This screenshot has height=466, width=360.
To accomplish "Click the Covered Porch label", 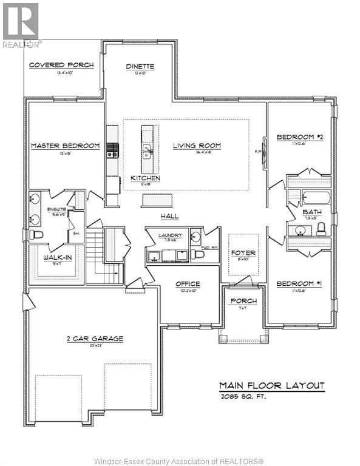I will pyautogui.click(x=62, y=65).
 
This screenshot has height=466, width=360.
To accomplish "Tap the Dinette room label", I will pyautogui.click(x=140, y=67).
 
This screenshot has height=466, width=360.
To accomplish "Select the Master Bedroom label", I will pyautogui.click(x=66, y=146).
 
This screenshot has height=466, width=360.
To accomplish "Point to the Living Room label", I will pyautogui.click(x=197, y=146).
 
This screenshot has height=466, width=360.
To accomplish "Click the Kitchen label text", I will pyautogui.click(x=146, y=178).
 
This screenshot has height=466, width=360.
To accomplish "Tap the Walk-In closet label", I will pyautogui.click(x=55, y=258).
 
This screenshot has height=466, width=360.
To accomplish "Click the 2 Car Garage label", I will pyautogui.click(x=95, y=339).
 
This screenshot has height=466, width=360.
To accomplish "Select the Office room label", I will pyautogui.click(x=188, y=284).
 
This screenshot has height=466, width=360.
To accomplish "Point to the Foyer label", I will pyautogui.click(x=243, y=253).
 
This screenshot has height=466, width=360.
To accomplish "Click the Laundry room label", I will pyautogui.click(x=166, y=235).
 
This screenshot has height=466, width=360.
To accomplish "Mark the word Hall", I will pyautogui.click(x=169, y=216).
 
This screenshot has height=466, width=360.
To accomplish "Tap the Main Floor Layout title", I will pyautogui.click(x=272, y=386).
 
